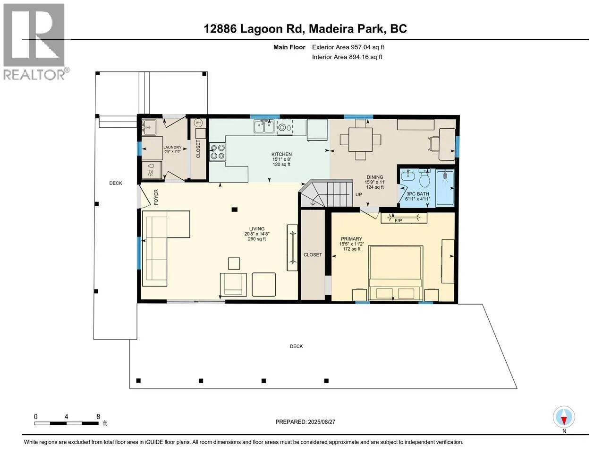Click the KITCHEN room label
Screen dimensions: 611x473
pos(281,154)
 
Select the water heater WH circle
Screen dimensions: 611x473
pos(198,123)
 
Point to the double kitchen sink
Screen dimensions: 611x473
pos(264,126)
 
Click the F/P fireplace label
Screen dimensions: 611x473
pos(398,221)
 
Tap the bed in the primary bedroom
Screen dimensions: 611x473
pos(395,273)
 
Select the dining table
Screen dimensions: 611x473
pos(360,140)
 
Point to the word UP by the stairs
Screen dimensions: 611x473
pos(358,194)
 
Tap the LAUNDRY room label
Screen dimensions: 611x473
pos(172,147)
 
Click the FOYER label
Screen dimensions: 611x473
pos(156,197)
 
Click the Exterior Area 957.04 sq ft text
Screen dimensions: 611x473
pos(348,47)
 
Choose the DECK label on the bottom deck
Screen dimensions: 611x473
pos(297,346)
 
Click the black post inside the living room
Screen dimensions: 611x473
pos(235,210)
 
